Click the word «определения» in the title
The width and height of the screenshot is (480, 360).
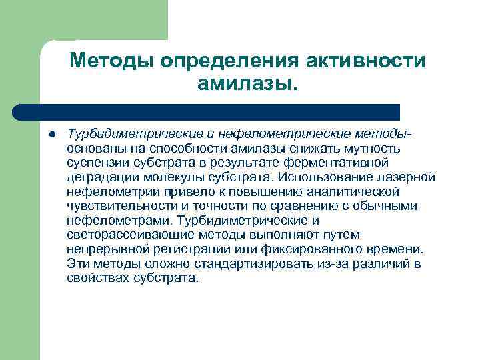click(228, 61)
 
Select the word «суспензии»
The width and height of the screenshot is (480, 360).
click(95, 162)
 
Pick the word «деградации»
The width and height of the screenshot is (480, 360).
click(99, 177)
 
